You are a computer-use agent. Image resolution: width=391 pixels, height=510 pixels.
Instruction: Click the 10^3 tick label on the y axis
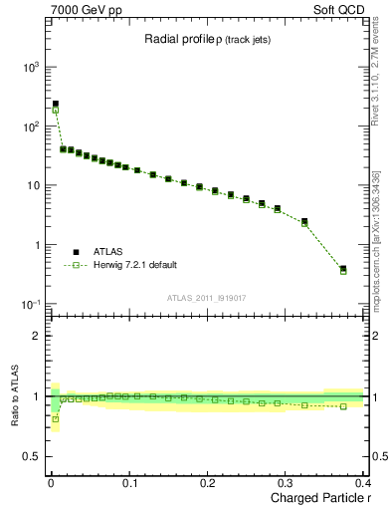click(31, 67)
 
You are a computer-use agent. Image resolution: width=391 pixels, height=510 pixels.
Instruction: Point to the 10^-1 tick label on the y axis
click(31, 304)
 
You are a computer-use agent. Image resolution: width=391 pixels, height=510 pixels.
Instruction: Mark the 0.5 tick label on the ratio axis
click(33, 457)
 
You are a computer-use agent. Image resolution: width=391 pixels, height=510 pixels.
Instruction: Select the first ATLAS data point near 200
click(56, 104)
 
